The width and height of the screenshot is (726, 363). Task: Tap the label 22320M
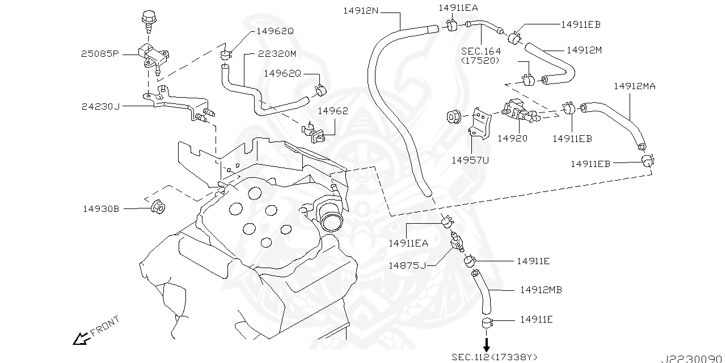tap(277, 54)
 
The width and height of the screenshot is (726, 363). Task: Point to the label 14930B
tap(101, 209)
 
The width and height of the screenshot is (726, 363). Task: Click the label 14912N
tap(361, 10)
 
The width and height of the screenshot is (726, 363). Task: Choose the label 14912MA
tap(635, 86)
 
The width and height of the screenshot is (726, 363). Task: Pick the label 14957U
tap(470, 160)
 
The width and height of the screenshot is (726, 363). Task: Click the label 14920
tap(512, 138)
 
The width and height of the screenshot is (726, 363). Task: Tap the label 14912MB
tap(541, 290)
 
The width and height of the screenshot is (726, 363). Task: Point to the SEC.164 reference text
tap(480, 51)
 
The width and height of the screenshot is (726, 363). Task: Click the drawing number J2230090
tap(693, 358)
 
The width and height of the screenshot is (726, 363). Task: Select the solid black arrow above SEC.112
tap(486, 344)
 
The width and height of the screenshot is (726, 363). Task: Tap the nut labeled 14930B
tap(158, 207)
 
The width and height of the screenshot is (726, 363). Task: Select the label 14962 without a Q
tap(332, 111)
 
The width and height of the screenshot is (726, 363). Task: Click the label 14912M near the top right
tap(584, 50)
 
